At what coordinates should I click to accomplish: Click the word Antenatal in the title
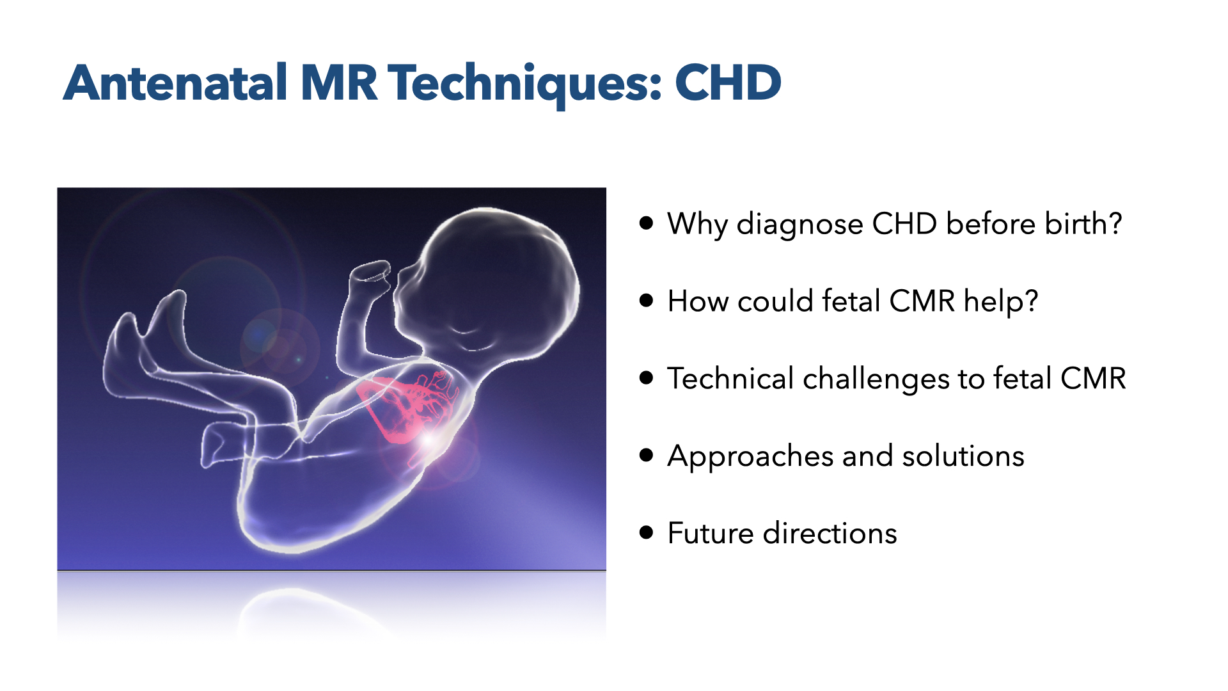pos(175,83)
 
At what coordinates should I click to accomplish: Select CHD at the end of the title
pos(728,83)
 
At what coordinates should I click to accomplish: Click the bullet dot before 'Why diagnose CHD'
pos(646,223)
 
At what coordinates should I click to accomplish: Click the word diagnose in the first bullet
pos(800,226)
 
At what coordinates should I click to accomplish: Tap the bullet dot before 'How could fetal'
pos(646,300)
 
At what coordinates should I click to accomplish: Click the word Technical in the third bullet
pos(730,378)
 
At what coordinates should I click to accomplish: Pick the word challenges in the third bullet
pos(876,380)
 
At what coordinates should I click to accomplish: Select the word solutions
pos(963,456)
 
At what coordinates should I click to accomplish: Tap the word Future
pos(711,533)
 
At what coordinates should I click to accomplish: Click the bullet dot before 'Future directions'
pos(646,532)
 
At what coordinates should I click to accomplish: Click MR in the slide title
pos(338,83)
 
